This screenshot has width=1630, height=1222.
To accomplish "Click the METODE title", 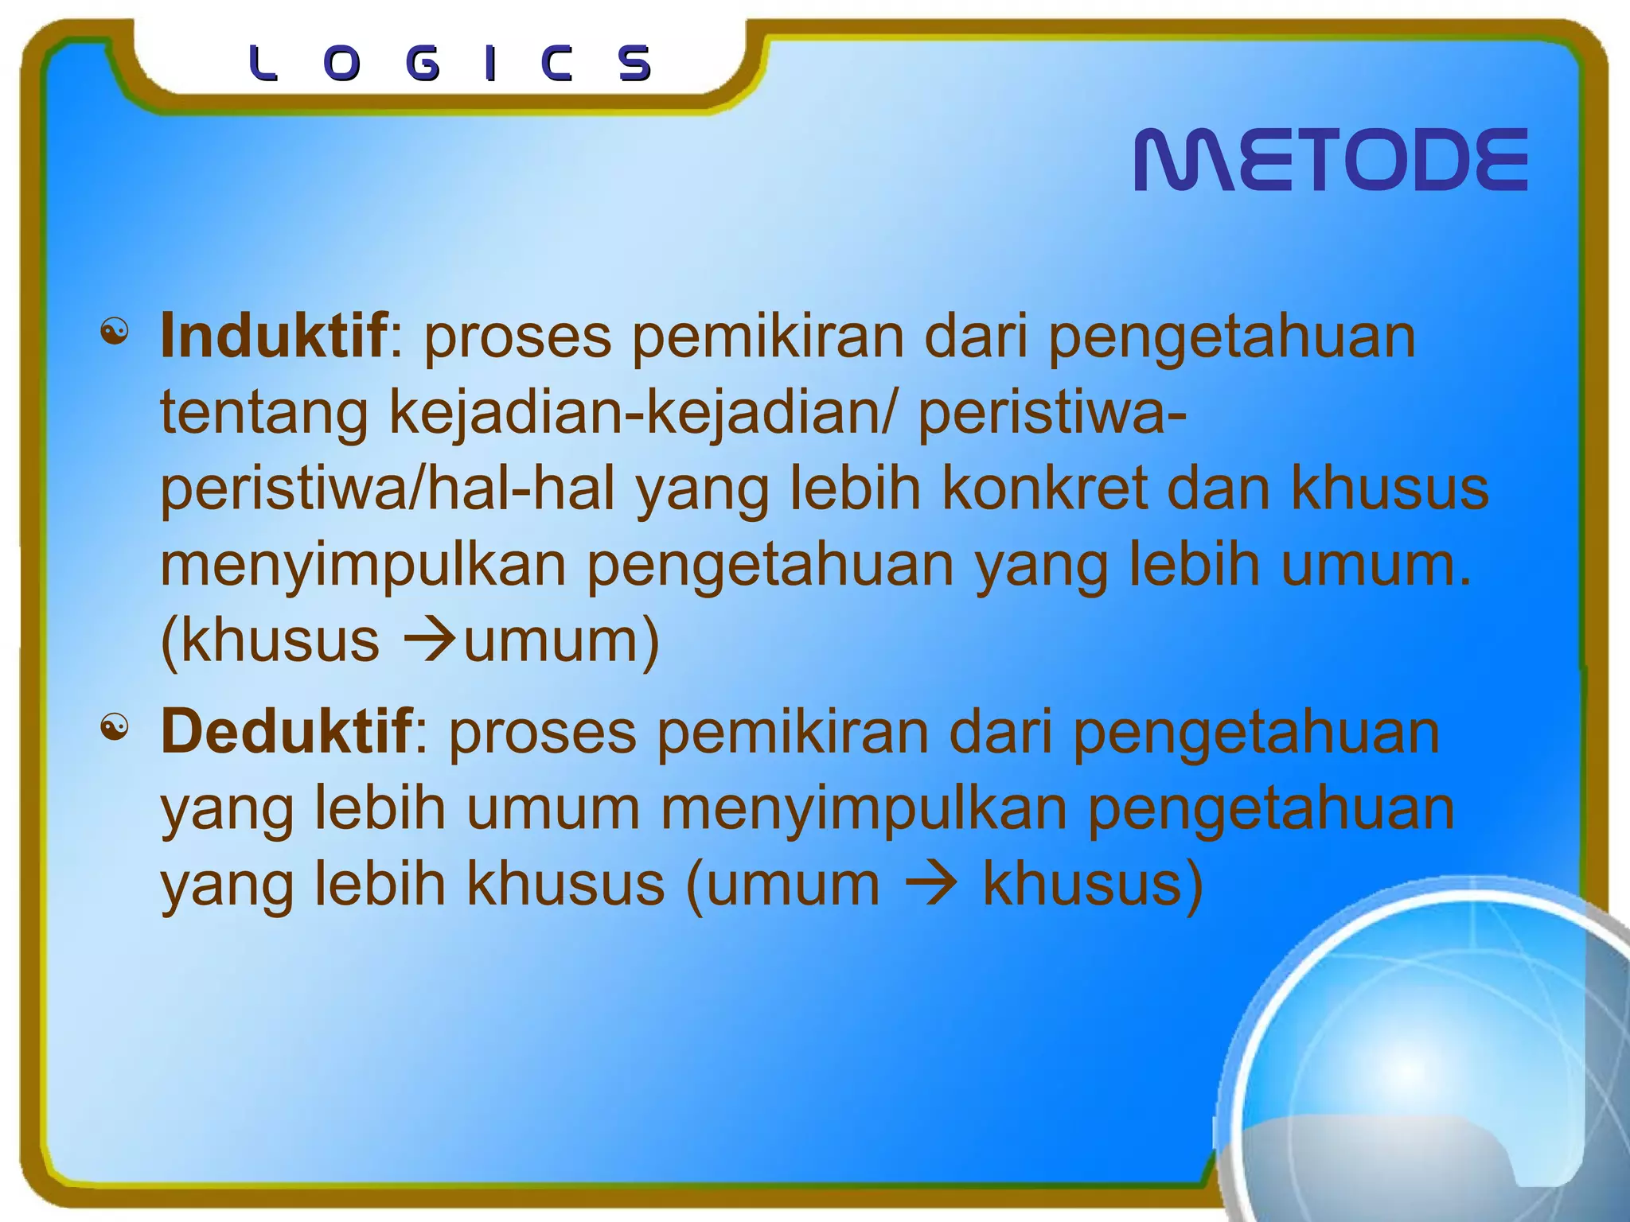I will pos(1330,160).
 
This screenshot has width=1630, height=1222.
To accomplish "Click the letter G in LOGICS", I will pos(423,64).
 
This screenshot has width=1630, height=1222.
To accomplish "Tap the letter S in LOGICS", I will pos(635,64).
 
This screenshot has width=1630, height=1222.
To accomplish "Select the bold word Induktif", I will pos(274,337).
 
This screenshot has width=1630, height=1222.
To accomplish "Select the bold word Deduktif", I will pos(287,731).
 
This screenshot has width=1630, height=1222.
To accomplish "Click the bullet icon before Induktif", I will pos(115,332).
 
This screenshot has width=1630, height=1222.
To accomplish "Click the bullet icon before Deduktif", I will pos(115,726).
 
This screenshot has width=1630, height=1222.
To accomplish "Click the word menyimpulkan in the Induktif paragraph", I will pos(363,566).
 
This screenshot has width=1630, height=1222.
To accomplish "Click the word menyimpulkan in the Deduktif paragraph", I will pos(864,808).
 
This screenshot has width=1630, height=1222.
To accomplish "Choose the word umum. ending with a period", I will pos(1376,564).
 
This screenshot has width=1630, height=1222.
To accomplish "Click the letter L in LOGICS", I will pos(263,64).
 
